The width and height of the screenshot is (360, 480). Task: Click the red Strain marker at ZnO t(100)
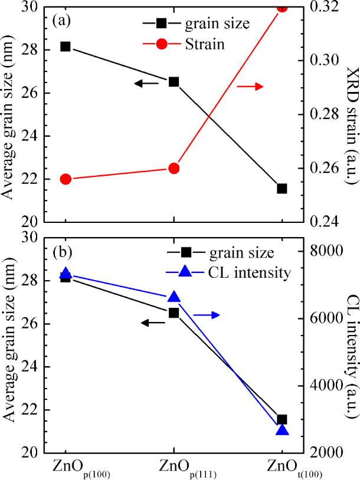(282, 7)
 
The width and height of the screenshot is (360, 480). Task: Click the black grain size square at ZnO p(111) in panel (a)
(174, 81)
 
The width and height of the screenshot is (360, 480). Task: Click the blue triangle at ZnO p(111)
(174, 297)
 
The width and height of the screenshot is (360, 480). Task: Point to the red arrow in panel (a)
(249, 87)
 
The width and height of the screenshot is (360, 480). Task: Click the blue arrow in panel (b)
(206, 315)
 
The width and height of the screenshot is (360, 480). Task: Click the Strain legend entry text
(204, 44)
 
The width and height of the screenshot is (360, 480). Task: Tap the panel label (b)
(61, 252)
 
